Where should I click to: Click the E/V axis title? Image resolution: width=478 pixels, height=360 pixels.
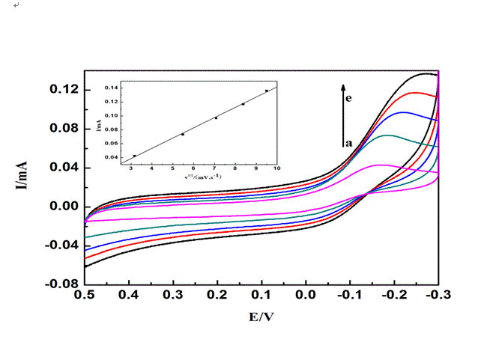(261, 317)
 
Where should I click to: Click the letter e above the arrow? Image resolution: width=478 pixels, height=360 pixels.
(349, 97)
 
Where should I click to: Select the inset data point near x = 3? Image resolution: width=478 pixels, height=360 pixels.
(135, 156)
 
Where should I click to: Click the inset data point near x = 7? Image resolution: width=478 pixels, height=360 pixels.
(216, 118)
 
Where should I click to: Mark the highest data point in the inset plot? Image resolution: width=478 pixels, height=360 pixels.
(266, 91)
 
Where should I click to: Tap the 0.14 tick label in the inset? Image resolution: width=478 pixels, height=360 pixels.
(111, 88)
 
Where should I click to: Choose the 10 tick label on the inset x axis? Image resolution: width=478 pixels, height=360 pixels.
(277, 169)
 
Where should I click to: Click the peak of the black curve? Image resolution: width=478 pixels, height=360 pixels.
(427, 73)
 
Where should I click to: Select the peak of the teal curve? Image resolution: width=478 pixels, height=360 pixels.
(387, 135)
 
